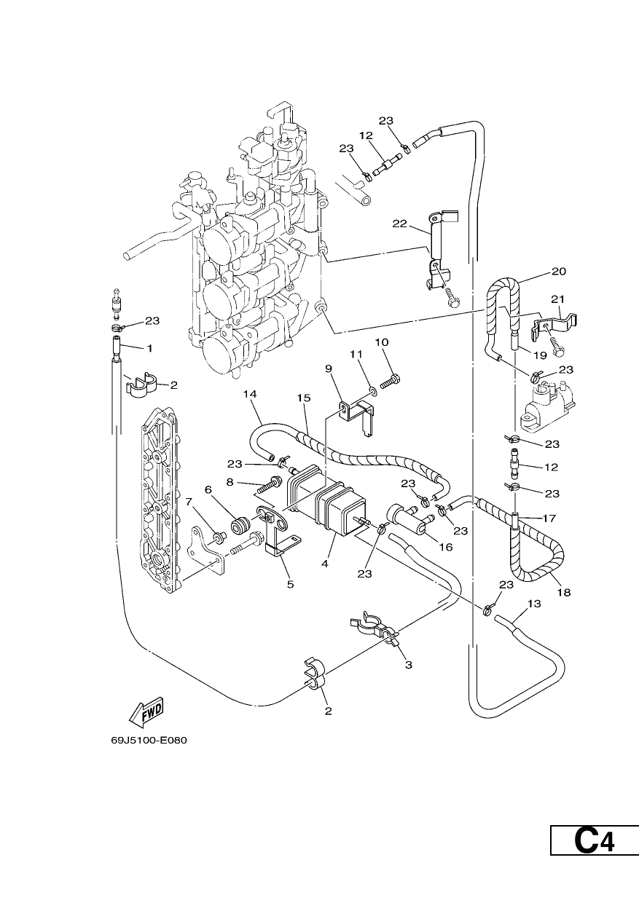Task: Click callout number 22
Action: pos(400,224)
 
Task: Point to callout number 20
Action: pos(559,272)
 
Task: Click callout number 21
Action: pos(557,299)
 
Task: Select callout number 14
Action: pos(250,394)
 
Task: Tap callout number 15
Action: pos(304,398)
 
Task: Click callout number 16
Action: pos(446,547)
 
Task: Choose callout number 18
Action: pos(565,592)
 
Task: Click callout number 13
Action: pos(533,604)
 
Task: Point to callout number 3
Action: pos(409,665)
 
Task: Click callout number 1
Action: pos(149,348)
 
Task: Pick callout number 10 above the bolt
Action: pos(382,342)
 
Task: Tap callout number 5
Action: pos(291,584)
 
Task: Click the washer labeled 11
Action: pos(373,390)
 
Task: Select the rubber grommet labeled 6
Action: pos(240,526)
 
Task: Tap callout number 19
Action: pos(540,355)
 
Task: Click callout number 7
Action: pos(189,502)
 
